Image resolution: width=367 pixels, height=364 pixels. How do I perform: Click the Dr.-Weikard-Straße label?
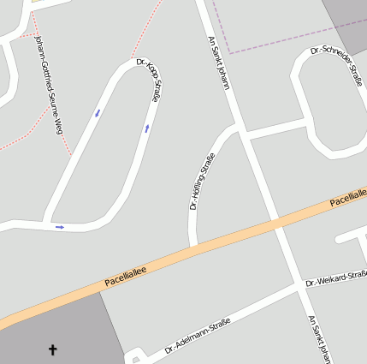click(x=335, y=278)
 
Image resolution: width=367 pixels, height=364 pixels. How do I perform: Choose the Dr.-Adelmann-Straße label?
click(x=197, y=335)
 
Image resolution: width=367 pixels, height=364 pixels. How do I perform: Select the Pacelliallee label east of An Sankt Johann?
click(x=347, y=202)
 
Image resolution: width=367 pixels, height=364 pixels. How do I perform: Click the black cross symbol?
click(x=53, y=349)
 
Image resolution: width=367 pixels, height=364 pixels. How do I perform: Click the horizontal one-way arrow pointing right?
click(x=60, y=227)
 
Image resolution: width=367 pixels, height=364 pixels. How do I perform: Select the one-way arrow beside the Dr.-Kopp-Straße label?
click(x=147, y=128)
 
